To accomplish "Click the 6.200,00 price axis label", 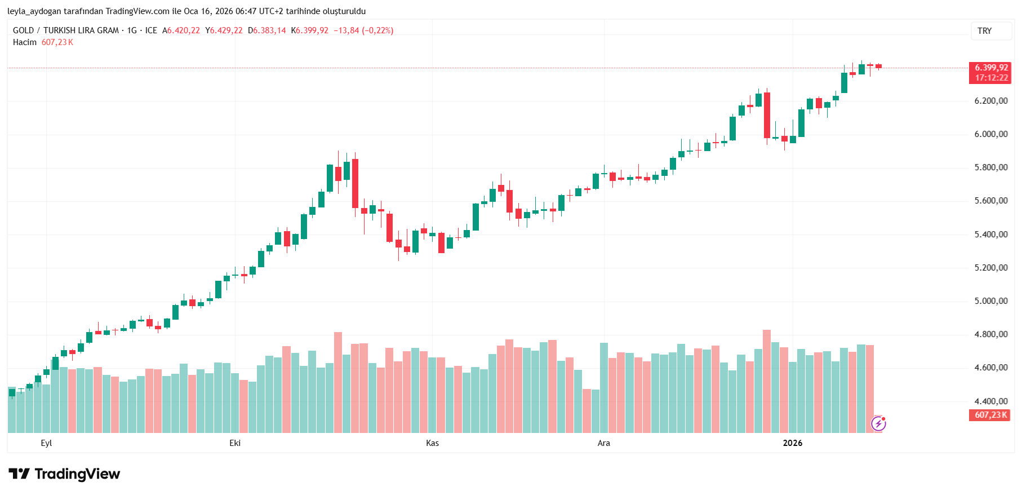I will point(990,101).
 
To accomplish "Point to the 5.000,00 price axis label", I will point(990,301).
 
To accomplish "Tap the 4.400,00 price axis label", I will point(990,401).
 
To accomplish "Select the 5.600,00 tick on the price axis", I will point(990,201).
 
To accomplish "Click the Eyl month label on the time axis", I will point(46,443).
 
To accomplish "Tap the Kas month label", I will point(432,443).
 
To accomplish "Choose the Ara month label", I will point(603,443).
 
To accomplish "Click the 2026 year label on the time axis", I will point(792,443).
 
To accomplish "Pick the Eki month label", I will point(235,443).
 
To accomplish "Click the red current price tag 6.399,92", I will point(991,68).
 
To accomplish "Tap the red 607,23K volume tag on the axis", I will point(990,415).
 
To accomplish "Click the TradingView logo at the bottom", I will point(64,474).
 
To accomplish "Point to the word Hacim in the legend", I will point(25,42).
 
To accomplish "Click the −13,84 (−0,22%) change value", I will point(363,30).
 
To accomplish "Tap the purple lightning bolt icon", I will point(878,423).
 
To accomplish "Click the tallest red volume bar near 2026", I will point(766,381).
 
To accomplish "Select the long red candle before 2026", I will point(767,115).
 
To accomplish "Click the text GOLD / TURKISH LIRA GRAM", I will point(66,30).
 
